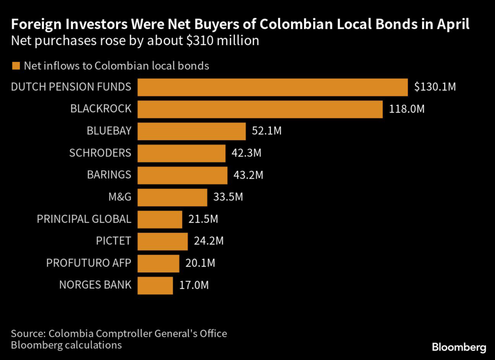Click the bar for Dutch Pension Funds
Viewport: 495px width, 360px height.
click(x=273, y=87)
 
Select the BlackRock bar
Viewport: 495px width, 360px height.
click(x=260, y=109)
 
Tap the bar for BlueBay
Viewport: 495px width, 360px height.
click(x=192, y=131)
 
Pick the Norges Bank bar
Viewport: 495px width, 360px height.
click(x=155, y=285)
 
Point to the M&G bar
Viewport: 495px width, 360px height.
click(x=173, y=197)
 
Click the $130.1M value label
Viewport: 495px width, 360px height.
click(x=435, y=87)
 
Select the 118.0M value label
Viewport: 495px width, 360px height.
click(x=407, y=109)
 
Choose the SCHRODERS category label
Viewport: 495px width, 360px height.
click(x=100, y=153)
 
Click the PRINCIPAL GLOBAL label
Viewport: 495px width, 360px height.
click(x=84, y=219)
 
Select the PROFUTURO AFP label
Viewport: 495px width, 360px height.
click(x=89, y=263)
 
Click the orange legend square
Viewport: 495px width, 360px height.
click(x=16, y=66)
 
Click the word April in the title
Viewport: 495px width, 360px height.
click(x=451, y=25)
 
